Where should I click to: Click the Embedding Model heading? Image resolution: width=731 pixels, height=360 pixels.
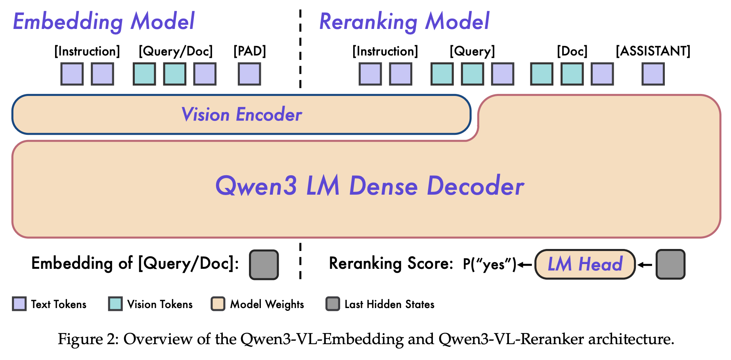[104, 21]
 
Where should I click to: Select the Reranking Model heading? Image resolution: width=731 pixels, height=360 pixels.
[404, 21]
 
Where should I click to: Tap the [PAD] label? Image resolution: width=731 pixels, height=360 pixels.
[249, 51]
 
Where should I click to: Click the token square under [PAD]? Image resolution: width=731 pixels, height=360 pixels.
[249, 74]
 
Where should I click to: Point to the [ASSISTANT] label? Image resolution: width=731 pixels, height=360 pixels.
[653, 51]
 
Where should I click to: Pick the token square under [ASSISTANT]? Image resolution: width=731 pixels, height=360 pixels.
[653, 74]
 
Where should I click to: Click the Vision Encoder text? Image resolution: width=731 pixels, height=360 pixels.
[241, 115]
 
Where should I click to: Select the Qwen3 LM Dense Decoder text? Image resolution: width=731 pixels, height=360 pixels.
[369, 186]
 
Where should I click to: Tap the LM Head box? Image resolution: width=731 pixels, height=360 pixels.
[585, 264]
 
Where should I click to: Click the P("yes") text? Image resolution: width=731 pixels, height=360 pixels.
[490, 264]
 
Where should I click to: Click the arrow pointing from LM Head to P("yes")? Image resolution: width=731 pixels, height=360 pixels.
[525, 264]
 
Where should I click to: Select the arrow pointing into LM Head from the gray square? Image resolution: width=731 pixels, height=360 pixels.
[645, 264]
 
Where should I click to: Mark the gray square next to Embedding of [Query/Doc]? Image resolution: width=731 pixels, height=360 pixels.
[264, 264]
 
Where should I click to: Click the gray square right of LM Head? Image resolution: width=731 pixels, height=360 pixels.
[670, 264]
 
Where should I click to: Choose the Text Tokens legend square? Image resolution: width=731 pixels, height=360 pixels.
[19, 304]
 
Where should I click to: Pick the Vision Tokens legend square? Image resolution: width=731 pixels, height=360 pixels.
[115, 304]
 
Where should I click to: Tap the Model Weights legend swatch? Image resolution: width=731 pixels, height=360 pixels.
[218, 304]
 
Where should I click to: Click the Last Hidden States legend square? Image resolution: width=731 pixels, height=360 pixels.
[333, 304]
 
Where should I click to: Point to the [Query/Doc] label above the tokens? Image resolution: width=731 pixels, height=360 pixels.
[176, 51]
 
